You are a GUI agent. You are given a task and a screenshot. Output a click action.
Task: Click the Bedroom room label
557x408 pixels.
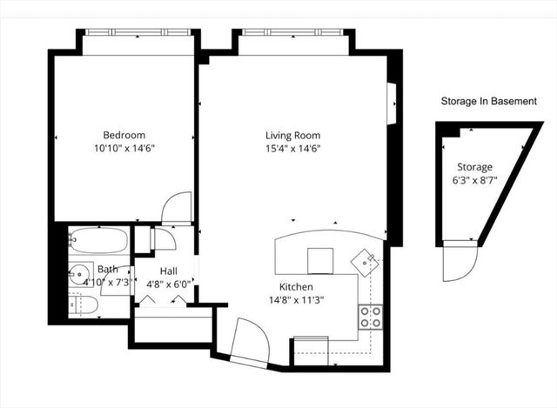(x=124, y=135)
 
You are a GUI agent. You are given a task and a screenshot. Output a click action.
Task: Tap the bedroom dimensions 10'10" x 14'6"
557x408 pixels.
(x=124, y=148)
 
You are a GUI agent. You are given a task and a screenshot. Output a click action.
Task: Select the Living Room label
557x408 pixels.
(x=292, y=135)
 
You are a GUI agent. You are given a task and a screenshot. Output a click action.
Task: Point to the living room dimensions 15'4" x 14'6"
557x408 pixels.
(x=292, y=148)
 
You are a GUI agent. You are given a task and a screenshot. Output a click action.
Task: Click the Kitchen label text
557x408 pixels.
(x=295, y=286)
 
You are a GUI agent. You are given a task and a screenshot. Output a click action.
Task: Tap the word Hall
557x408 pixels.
(x=168, y=271)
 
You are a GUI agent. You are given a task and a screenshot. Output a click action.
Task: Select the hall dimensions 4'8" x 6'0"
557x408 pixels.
(x=168, y=284)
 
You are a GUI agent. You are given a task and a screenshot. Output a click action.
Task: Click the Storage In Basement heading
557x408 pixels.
(x=488, y=101)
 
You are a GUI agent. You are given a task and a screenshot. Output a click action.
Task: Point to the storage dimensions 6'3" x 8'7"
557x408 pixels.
(x=474, y=180)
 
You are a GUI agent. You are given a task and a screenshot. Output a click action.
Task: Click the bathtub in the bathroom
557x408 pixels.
(x=98, y=238)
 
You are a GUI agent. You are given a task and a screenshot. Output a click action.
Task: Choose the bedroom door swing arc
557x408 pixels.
(x=177, y=207)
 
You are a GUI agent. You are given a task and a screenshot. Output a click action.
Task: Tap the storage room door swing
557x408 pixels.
(x=459, y=262)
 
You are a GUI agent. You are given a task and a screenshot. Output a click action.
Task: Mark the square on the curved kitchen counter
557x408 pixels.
(x=319, y=259)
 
